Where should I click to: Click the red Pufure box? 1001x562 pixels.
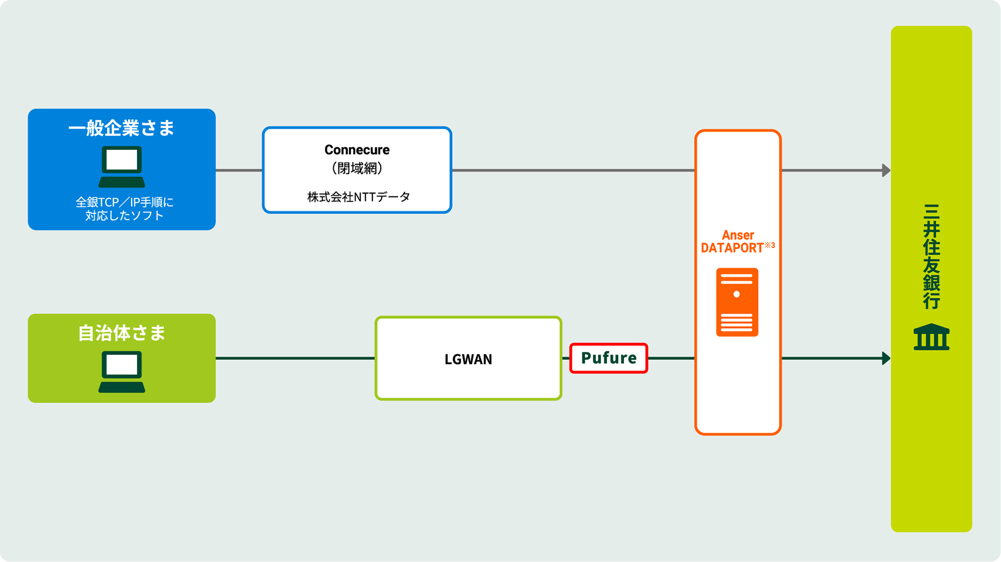[x=609, y=358]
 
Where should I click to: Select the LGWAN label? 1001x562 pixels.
[x=468, y=359]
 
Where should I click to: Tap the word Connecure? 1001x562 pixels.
[x=357, y=149]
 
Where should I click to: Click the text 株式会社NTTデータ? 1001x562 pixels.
[x=358, y=197]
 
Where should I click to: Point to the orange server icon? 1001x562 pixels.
[x=737, y=302]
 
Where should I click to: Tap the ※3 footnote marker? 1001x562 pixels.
[x=770, y=245]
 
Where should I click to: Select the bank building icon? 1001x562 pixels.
[x=931, y=337]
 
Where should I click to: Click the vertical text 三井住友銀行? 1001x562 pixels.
[x=931, y=256]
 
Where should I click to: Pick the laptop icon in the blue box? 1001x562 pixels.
[x=122, y=166]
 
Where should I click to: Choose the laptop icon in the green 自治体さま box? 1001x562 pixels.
[x=122, y=372]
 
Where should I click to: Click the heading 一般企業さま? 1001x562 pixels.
[x=122, y=128]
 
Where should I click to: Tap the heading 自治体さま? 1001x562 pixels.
[x=122, y=333]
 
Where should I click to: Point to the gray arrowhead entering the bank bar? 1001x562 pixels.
[x=886, y=170]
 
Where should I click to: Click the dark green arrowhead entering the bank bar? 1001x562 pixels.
[x=886, y=358]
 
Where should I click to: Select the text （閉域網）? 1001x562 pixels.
[x=357, y=168]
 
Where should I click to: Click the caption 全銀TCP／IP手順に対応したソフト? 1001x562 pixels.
[x=124, y=209]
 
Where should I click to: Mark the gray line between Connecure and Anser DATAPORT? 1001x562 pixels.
[x=573, y=170]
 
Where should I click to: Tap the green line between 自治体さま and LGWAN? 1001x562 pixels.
[x=295, y=358]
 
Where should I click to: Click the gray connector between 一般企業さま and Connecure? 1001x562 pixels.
[x=239, y=170]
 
